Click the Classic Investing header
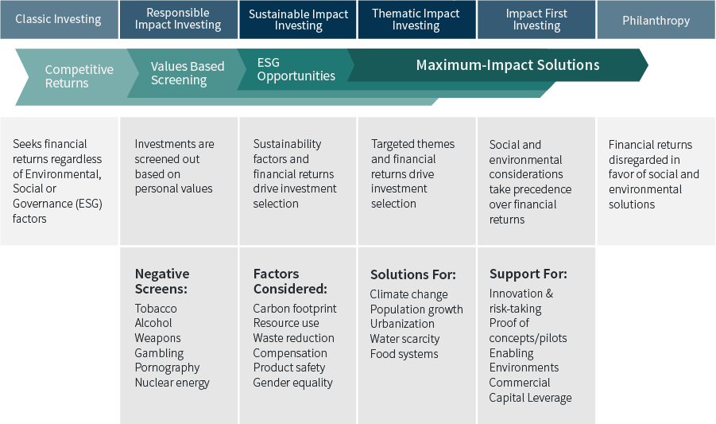(x=59, y=19)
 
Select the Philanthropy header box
(x=656, y=20)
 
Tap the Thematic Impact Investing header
(x=416, y=20)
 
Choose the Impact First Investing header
(x=536, y=20)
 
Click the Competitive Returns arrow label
(x=79, y=76)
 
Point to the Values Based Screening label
(x=188, y=73)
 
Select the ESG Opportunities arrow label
(x=296, y=69)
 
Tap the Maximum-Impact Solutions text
(x=508, y=65)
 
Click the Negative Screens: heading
(x=162, y=281)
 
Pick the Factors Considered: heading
(x=290, y=281)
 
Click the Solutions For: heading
(x=413, y=274)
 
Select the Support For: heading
(x=528, y=274)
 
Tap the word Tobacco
(x=156, y=309)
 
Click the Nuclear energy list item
(x=172, y=383)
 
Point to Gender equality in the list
(x=292, y=383)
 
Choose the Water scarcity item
(x=404, y=339)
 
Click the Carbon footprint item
(x=295, y=309)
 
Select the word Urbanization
(x=402, y=324)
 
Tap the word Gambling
(x=159, y=353)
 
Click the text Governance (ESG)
(x=57, y=204)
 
